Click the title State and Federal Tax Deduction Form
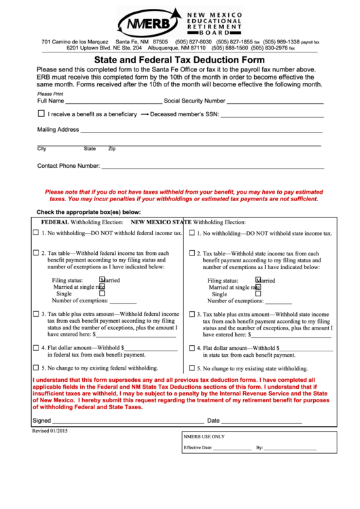click(x=179, y=59)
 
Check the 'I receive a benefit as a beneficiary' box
click(x=41, y=114)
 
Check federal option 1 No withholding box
click(x=36, y=233)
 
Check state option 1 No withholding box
click(x=192, y=233)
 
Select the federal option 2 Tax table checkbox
click(x=36, y=253)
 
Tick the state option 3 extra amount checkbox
click(x=192, y=315)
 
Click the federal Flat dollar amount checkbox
click(x=36, y=347)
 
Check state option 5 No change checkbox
click(x=192, y=368)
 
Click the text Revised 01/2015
click(x=50, y=431)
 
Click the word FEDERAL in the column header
click(x=55, y=222)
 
